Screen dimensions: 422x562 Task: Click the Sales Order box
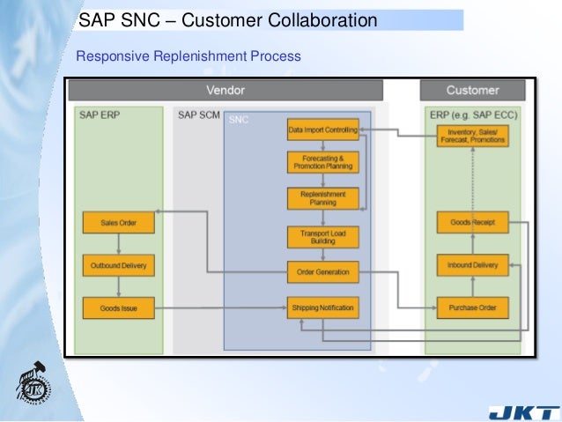click(118, 224)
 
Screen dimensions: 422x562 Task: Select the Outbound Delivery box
click(118, 265)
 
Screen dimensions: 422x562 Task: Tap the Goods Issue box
click(118, 307)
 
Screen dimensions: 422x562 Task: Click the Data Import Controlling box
click(323, 130)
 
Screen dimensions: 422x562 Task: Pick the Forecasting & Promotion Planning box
click(323, 163)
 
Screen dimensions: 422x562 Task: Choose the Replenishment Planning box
click(323, 198)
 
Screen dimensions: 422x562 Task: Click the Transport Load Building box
click(323, 236)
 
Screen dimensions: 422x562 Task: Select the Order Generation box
click(323, 272)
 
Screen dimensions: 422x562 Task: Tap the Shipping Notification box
click(323, 307)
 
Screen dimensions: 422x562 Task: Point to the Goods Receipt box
click(473, 223)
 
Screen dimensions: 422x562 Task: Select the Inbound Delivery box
click(473, 265)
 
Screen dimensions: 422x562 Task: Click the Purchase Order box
click(473, 308)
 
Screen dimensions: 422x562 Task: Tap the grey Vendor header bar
click(226, 90)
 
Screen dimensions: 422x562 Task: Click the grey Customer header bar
click(473, 90)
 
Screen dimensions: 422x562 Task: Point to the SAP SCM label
click(198, 115)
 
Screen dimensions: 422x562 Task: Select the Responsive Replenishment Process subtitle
click(189, 56)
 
